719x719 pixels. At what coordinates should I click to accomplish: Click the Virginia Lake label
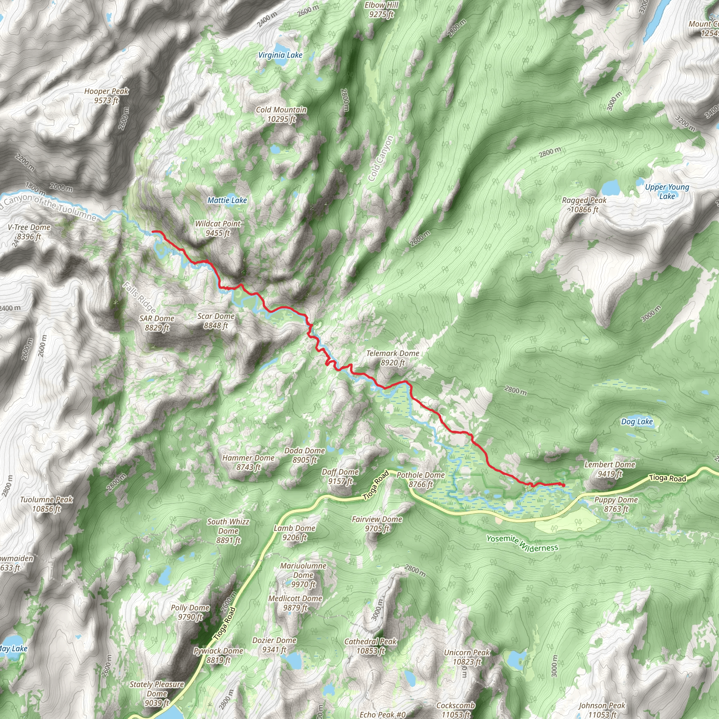click(x=280, y=55)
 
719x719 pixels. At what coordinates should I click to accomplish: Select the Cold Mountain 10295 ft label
click(x=281, y=114)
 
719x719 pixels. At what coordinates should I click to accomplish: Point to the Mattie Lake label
click(x=227, y=200)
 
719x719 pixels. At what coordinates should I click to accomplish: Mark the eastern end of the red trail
click(x=563, y=485)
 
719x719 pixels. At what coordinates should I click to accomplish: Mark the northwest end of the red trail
click(x=153, y=231)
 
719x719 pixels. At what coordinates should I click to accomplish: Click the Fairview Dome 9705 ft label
click(x=377, y=523)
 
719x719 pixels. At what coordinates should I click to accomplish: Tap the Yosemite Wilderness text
click(x=522, y=544)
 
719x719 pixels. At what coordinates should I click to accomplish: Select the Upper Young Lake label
click(x=667, y=191)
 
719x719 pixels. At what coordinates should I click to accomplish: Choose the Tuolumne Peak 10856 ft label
click(x=47, y=504)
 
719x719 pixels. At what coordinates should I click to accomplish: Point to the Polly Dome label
click(x=190, y=612)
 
